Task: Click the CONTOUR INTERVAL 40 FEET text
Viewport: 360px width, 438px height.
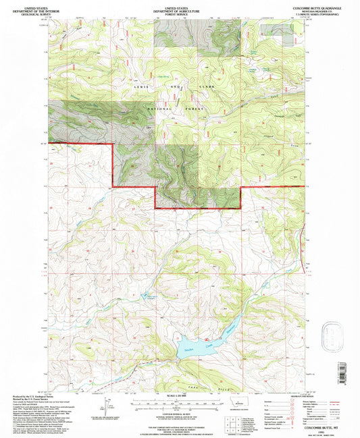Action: pos(180,412)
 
